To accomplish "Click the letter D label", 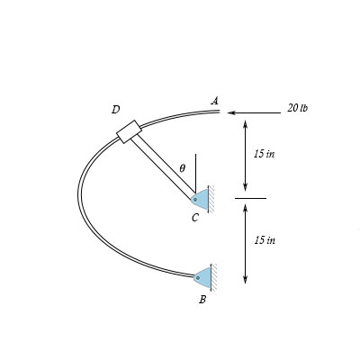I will click(115, 110).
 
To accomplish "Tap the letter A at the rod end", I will click(214, 101).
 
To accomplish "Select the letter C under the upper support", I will click(194, 218).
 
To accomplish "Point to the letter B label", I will click(202, 300).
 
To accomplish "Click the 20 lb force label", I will click(297, 108).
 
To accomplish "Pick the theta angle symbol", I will click(182, 168).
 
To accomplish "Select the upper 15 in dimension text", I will click(264, 154).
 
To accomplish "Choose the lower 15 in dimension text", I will click(264, 240).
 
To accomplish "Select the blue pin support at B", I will click(203, 277).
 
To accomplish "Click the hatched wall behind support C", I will click(211, 199).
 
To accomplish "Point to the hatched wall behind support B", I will click(213, 277).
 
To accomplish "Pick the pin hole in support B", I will click(197, 277).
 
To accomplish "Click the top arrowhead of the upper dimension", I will click(244, 122).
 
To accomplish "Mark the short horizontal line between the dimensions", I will click(250, 198).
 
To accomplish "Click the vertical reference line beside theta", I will click(194, 171).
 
